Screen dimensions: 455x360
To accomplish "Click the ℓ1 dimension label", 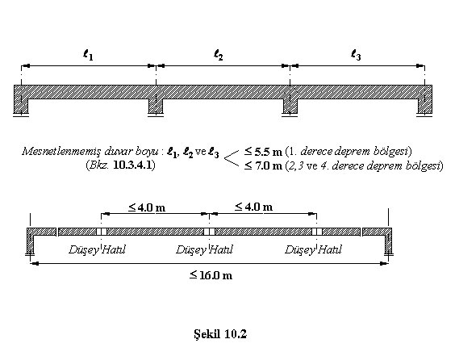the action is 88,55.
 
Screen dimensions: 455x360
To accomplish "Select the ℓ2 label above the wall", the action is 218,55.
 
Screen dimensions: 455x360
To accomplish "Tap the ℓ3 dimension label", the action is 356,55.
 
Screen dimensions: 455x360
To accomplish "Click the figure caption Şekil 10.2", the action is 220,334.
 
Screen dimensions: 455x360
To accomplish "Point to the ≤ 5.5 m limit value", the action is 263,152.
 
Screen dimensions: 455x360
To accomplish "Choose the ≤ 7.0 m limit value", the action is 263,165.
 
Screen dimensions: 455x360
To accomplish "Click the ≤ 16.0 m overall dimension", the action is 211,275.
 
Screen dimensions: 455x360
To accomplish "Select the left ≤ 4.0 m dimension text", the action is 147,207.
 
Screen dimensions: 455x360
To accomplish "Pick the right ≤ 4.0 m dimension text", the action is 254,207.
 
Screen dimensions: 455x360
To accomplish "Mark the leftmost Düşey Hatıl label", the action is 97,249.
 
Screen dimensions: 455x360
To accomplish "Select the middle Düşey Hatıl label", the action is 205,249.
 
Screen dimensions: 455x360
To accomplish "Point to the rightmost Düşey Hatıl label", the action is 313,249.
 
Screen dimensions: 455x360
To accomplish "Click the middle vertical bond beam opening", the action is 209,232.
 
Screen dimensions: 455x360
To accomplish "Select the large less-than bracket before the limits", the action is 231,159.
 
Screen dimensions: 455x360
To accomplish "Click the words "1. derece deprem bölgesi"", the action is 349,152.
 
